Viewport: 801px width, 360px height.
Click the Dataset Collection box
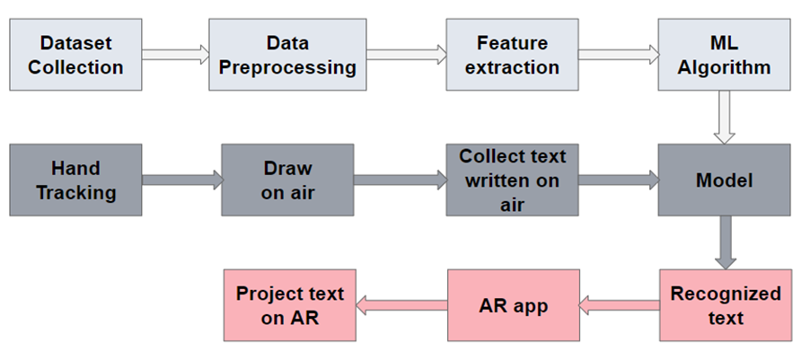click(75, 55)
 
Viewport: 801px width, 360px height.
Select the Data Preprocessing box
click(288, 55)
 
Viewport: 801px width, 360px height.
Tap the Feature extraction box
click(513, 55)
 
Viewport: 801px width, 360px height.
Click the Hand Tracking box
click(75, 180)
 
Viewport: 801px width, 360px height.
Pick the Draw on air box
click(288, 180)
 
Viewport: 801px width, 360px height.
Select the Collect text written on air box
click(513, 180)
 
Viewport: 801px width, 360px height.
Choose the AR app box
click(513, 305)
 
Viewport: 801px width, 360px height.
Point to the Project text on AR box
click(288, 305)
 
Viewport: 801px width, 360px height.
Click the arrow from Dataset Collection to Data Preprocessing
click(175, 55)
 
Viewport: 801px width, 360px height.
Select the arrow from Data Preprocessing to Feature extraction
click(407, 55)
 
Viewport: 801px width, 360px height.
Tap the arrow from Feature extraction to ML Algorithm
click(618, 55)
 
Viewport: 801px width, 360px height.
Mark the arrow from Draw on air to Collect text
click(400, 180)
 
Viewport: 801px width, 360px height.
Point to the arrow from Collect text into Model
click(618, 180)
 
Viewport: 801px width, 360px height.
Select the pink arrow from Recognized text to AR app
click(619, 306)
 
